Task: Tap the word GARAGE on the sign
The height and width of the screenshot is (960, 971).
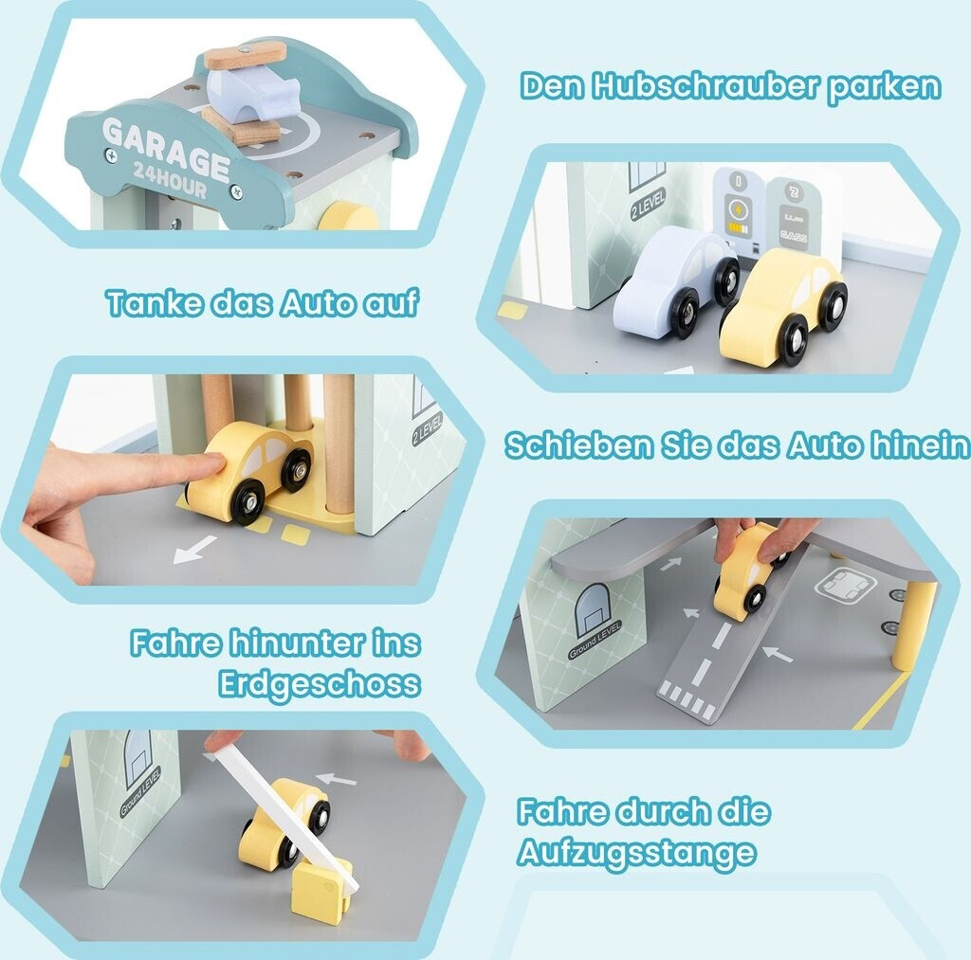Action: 165,149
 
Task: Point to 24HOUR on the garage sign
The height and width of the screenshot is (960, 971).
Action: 170,179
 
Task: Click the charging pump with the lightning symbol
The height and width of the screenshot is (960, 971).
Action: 736,208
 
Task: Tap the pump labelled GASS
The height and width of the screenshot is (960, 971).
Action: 793,216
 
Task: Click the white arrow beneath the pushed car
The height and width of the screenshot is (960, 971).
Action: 194,549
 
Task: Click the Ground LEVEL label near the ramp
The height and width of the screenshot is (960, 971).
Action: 595,640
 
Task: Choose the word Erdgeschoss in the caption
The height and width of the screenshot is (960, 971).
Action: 320,682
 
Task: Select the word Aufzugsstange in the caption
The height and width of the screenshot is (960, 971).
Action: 636,852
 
